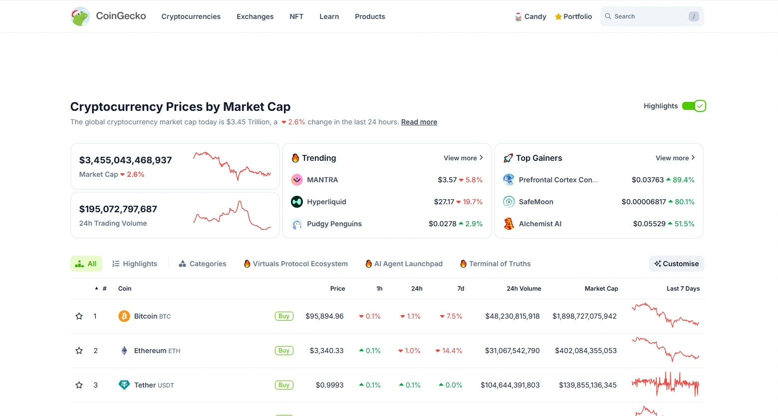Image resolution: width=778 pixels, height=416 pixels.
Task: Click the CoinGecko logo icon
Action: point(80,16)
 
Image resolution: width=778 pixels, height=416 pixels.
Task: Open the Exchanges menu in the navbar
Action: point(255,16)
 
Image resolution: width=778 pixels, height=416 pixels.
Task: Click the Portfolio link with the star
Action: point(573,16)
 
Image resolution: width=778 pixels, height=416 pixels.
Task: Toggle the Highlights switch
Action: point(694,106)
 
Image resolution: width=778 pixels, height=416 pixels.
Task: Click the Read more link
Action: point(419,122)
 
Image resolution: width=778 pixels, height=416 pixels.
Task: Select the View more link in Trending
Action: point(463,158)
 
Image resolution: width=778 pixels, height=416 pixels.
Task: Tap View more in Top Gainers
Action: point(675,158)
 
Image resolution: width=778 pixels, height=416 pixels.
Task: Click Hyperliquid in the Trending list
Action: point(326,202)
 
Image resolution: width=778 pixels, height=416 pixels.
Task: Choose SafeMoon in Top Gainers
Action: point(535,202)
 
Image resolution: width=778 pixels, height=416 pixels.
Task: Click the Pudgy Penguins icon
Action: point(297,224)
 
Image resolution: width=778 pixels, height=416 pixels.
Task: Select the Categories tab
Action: point(203,264)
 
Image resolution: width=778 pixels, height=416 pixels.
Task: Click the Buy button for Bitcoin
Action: point(284,316)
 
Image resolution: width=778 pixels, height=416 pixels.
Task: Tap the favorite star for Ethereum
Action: point(79,351)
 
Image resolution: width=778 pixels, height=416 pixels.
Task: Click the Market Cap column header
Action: point(601,289)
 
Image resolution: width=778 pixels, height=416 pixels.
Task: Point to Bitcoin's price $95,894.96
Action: point(324,316)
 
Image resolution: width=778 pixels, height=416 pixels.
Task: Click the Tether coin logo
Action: point(124,385)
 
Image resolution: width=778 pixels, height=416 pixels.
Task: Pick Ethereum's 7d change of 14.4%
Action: point(449,351)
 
